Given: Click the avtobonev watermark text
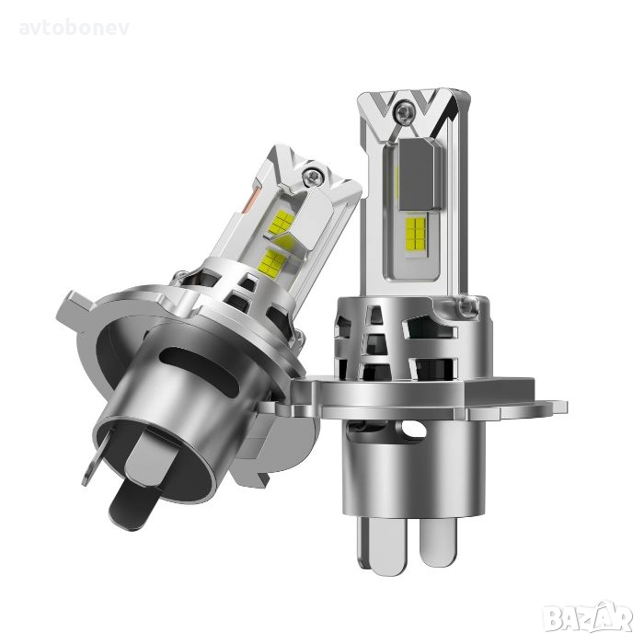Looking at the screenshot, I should (75, 28).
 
